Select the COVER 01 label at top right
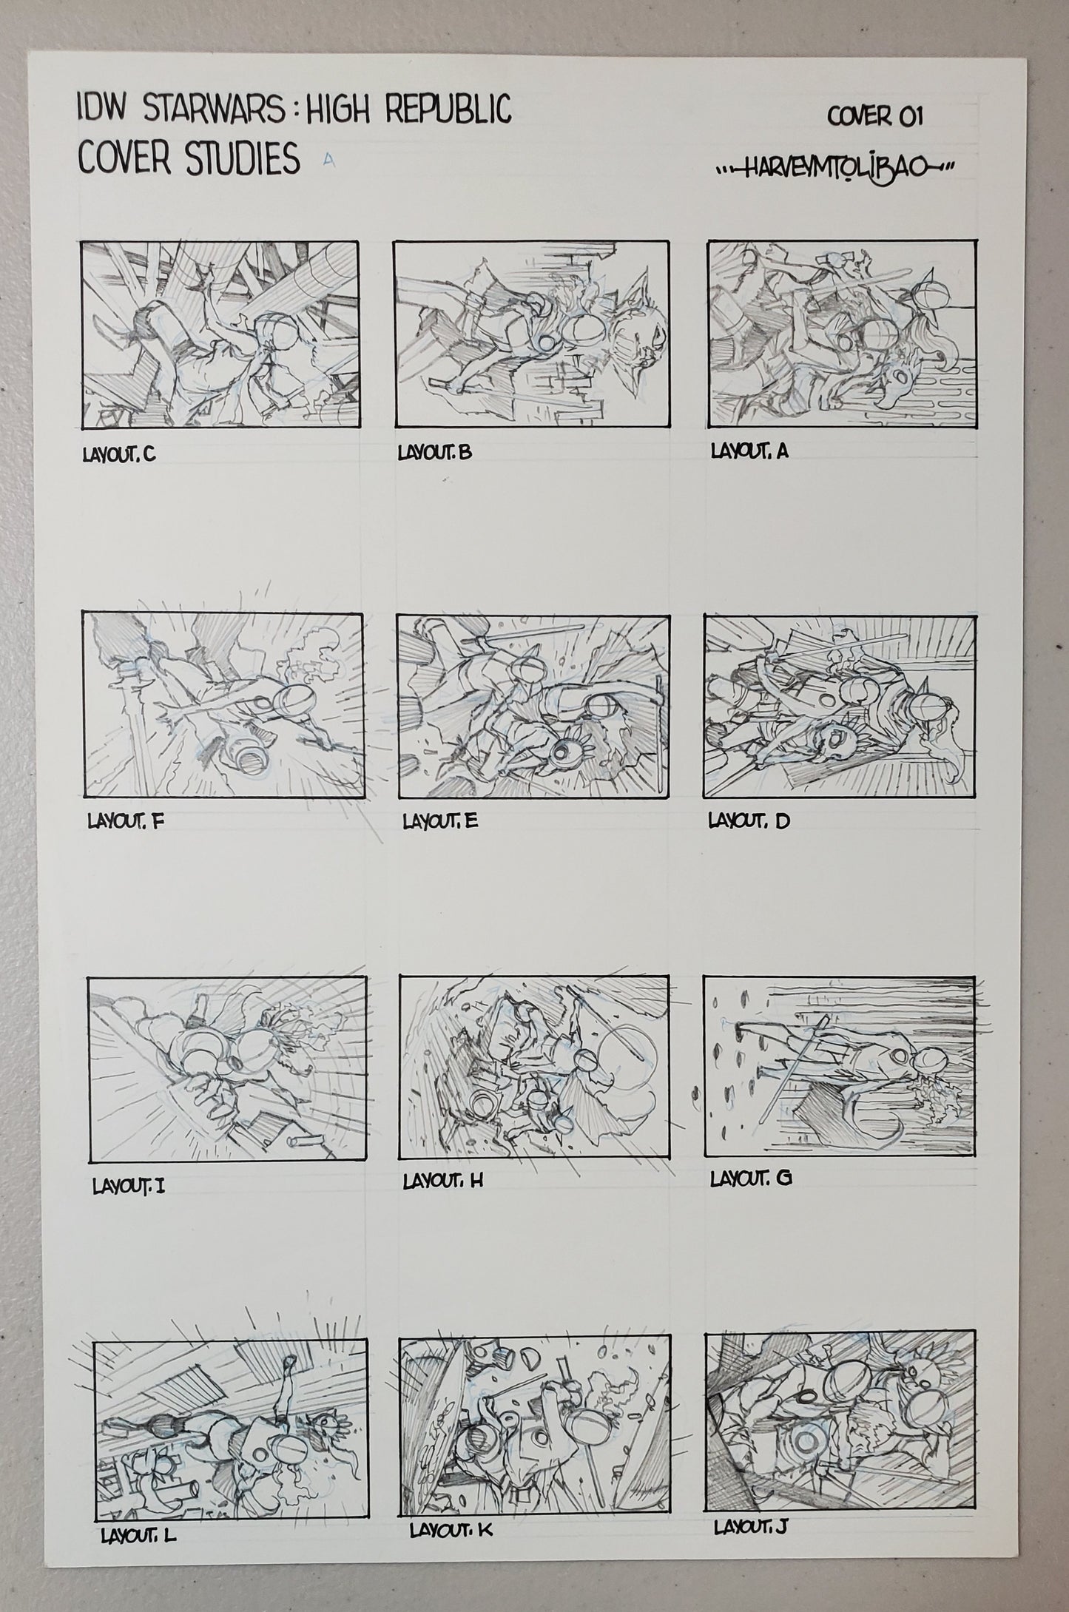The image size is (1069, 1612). tap(874, 117)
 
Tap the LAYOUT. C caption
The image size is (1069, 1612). tap(118, 455)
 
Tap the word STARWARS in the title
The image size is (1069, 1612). tap(195, 112)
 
